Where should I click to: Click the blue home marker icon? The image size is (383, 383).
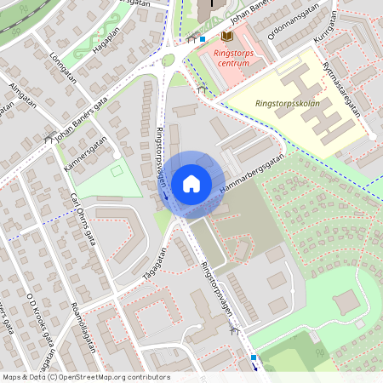click(x=191, y=183)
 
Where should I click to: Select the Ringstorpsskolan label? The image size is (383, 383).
click(x=283, y=103)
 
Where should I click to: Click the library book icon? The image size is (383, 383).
click(x=226, y=36)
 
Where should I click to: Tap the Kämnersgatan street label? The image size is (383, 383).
click(x=85, y=153)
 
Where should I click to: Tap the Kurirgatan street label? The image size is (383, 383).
click(x=325, y=28)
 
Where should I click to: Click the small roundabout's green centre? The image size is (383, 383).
click(x=169, y=60)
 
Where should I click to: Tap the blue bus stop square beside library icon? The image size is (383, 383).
click(x=203, y=38)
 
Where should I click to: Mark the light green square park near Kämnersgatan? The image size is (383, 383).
click(x=109, y=179)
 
